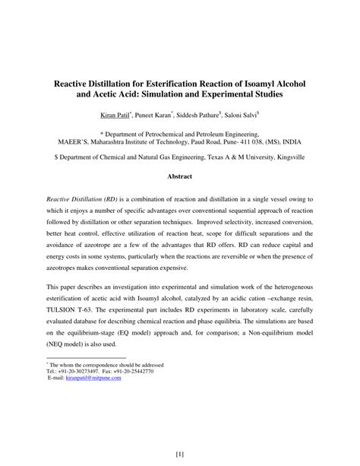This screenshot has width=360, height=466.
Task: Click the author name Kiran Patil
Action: click(115, 115)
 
